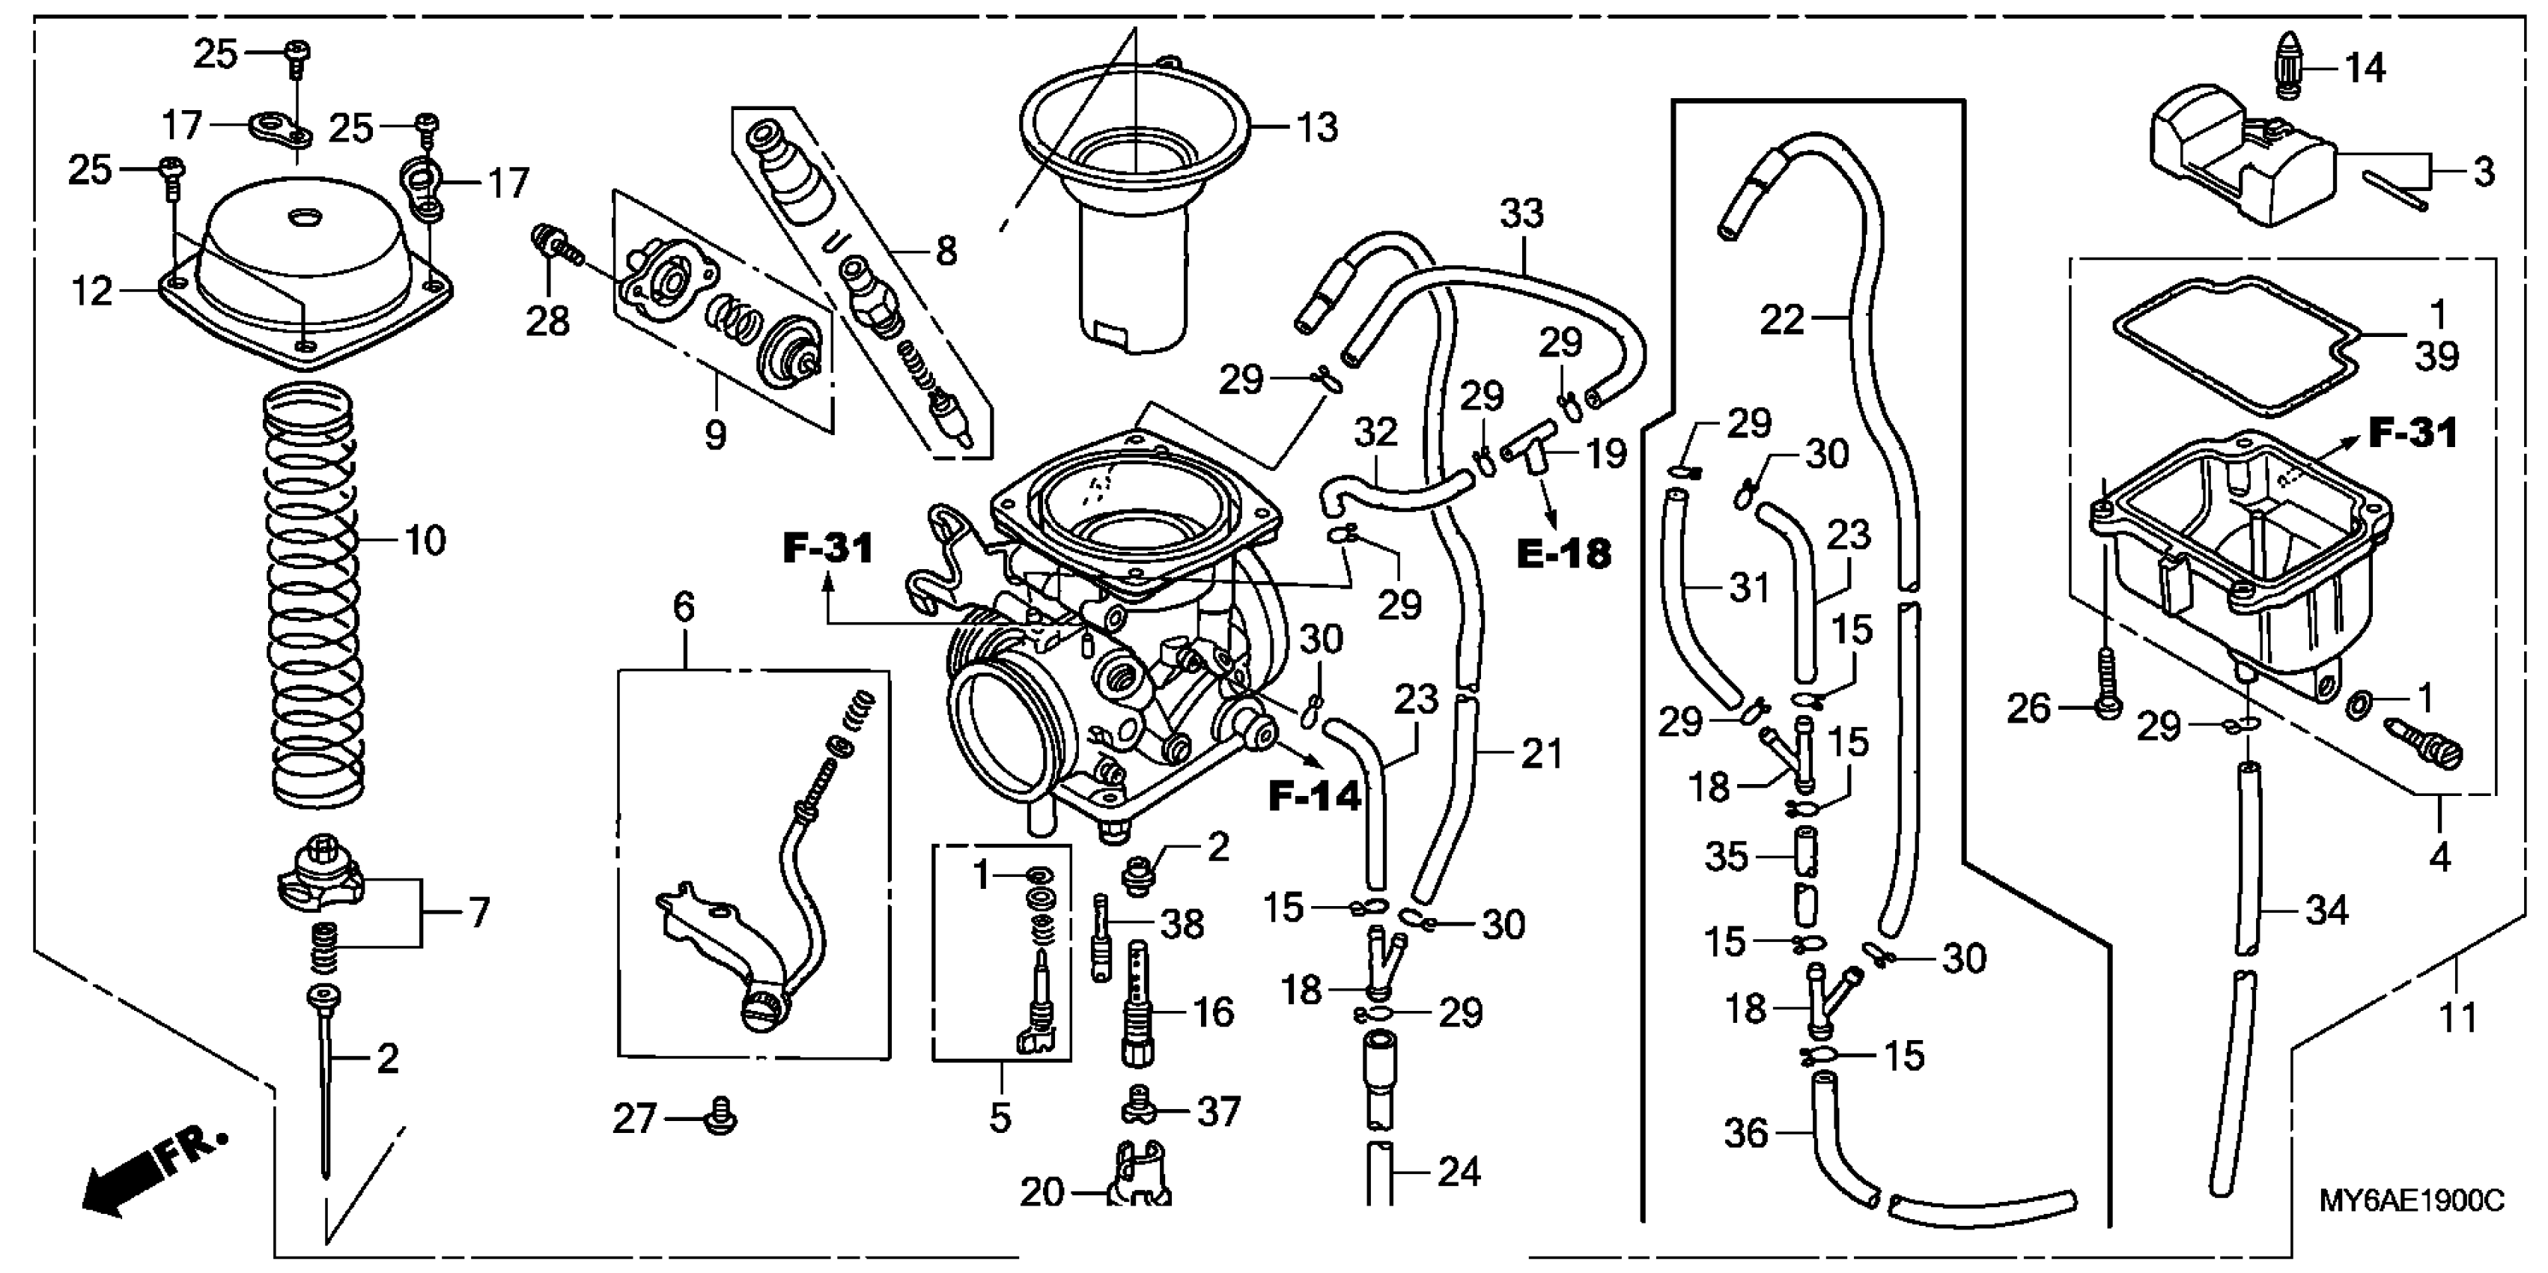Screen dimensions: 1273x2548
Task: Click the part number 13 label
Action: click(x=1316, y=127)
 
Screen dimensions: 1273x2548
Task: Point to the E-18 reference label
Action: click(x=1564, y=554)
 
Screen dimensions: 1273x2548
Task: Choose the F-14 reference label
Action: click(x=1315, y=795)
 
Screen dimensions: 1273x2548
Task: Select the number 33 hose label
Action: click(x=1521, y=213)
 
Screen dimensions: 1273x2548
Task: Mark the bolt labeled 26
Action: click(x=2105, y=682)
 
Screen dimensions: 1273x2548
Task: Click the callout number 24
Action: click(x=1458, y=1172)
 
